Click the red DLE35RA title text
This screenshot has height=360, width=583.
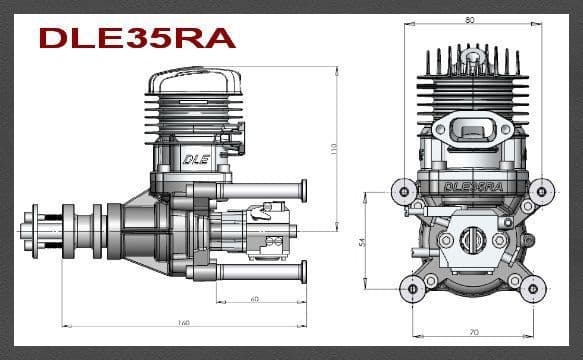(x=137, y=37)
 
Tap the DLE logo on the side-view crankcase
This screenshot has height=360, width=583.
(x=192, y=157)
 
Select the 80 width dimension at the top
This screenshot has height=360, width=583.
(x=469, y=19)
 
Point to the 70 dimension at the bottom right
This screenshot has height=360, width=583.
(x=472, y=331)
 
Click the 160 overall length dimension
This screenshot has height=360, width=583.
(x=184, y=322)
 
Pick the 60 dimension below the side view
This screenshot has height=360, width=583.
(x=255, y=298)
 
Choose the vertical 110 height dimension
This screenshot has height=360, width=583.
(x=333, y=148)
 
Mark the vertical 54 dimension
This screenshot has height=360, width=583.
(x=361, y=241)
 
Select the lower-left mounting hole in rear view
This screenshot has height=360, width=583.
(x=410, y=289)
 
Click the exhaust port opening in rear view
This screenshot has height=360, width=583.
(x=470, y=130)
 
